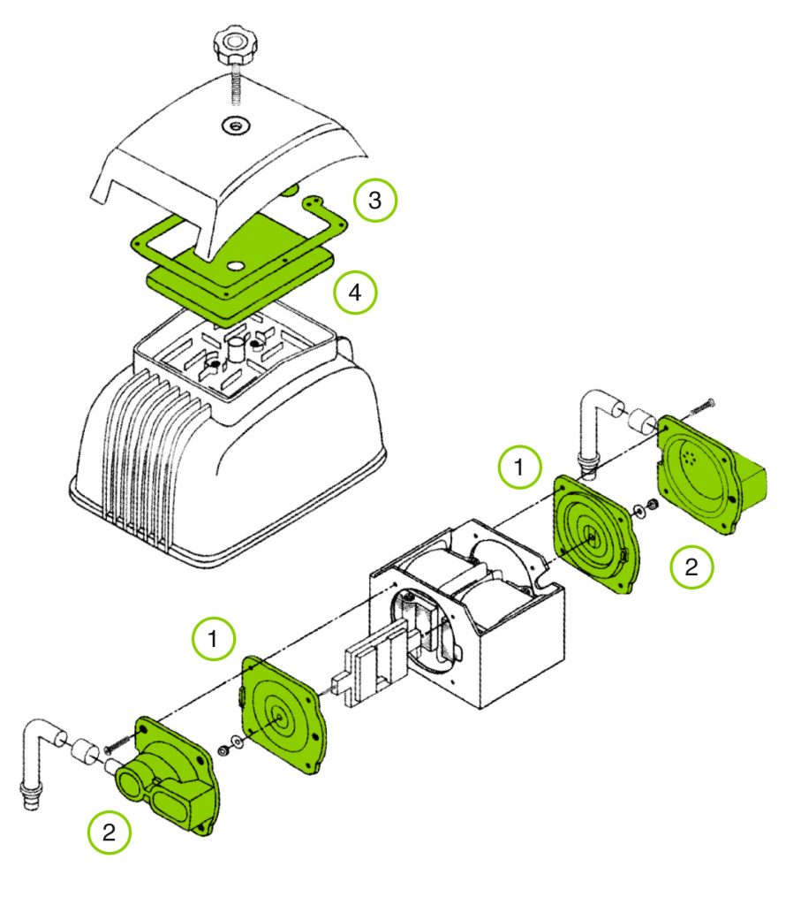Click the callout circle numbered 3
[x=375, y=201]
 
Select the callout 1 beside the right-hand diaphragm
[x=520, y=468]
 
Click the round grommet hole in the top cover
[x=234, y=125]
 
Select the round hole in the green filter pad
[x=236, y=265]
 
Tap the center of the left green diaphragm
[x=282, y=717]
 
